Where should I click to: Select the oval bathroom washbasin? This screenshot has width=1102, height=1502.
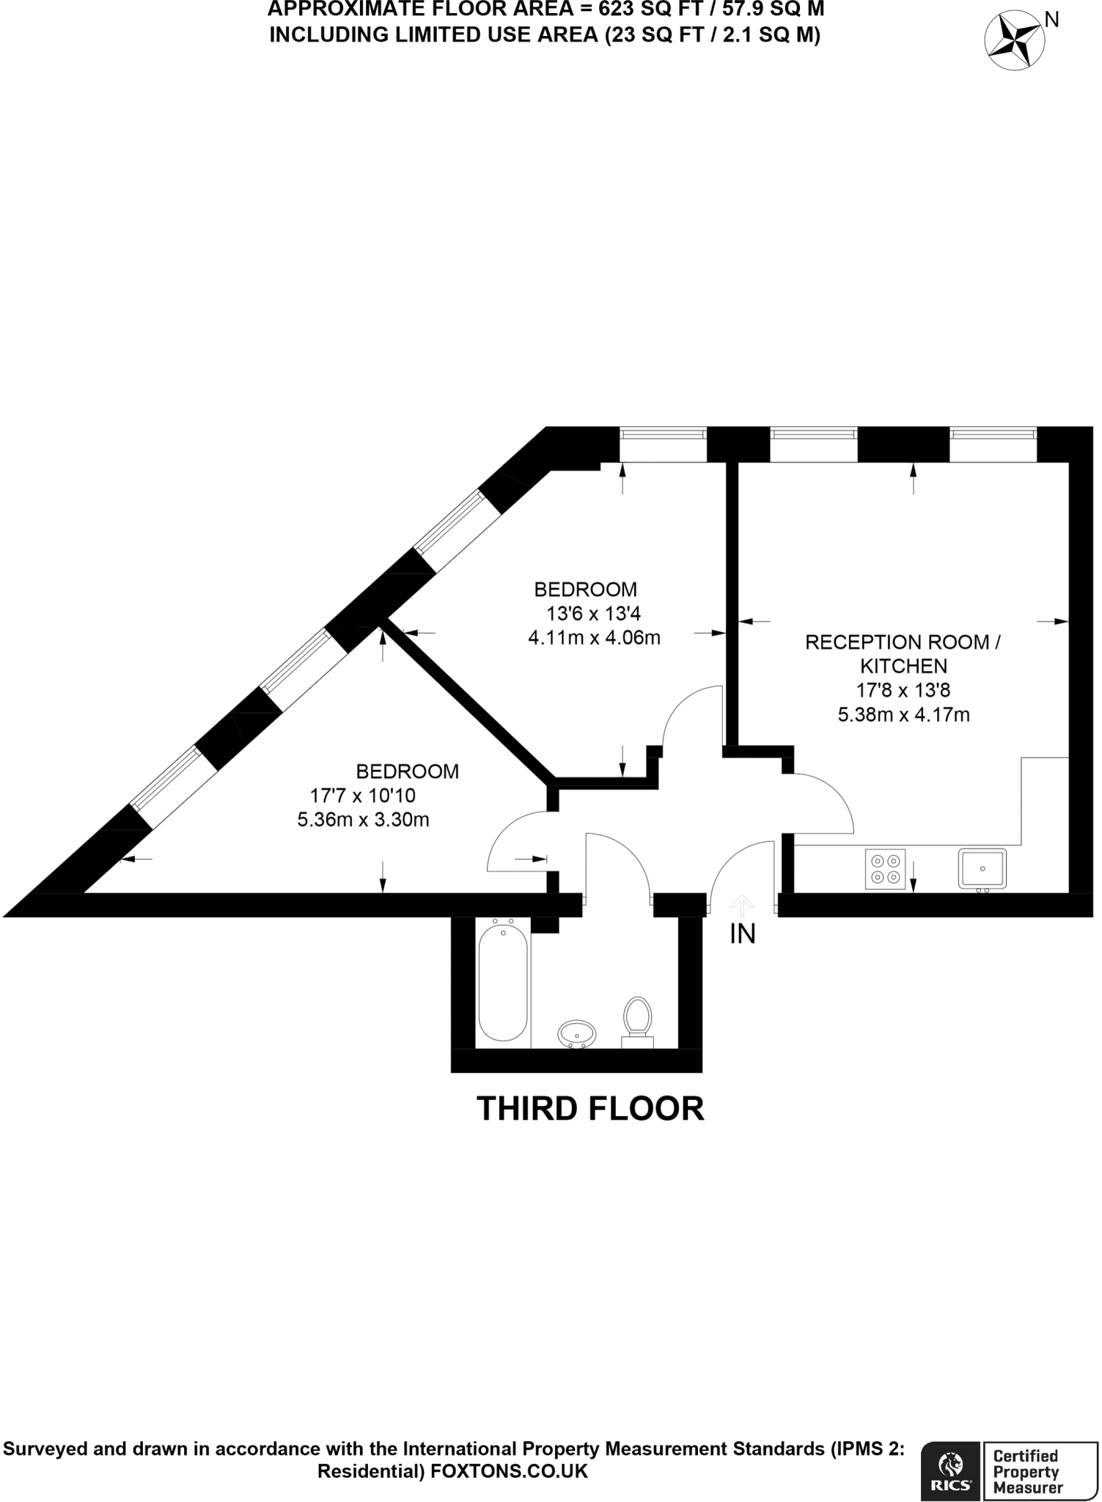tap(577, 1034)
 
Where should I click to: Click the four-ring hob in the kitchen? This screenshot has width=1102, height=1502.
tap(885, 869)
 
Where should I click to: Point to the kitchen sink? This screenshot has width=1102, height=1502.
tap(982, 869)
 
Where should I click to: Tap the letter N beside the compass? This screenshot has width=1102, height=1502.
tap(1051, 20)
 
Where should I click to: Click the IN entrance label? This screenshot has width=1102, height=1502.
tap(742, 934)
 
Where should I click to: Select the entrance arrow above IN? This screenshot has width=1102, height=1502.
tap(742, 906)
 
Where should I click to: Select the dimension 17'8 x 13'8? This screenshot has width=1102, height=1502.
tap(903, 690)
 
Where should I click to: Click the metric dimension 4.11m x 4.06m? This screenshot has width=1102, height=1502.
tap(594, 638)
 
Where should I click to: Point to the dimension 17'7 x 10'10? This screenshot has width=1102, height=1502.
tap(363, 795)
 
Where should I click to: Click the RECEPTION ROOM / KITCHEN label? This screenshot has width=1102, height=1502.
tap(903, 654)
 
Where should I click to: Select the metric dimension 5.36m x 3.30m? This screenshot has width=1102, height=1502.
tap(363, 819)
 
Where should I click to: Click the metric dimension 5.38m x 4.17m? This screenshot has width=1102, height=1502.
tap(903, 714)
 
